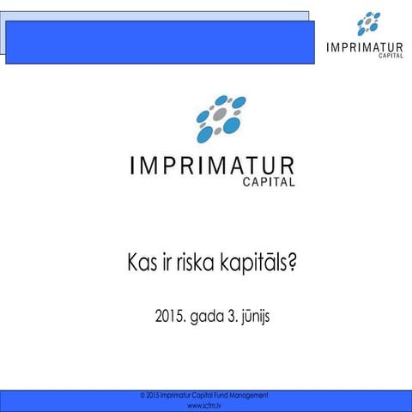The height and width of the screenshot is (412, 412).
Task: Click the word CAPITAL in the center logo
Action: (x=268, y=182)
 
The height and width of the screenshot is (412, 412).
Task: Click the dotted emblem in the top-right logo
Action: (x=368, y=23)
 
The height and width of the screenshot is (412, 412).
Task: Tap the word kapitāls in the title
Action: (x=259, y=263)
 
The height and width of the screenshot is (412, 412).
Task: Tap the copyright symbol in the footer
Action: (x=142, y=395)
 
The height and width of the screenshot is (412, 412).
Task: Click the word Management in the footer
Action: (x=249, y=395)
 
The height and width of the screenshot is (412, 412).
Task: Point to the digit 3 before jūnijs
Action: (x=235, y=318)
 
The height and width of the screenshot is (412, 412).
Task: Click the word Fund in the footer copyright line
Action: (x=219, y=395)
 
